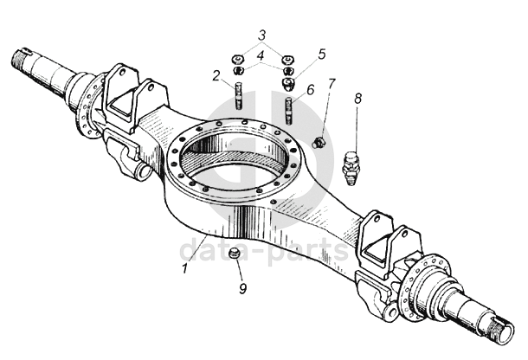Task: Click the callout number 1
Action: [184, 269]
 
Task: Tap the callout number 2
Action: [216, 76]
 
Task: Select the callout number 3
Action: [262, 35]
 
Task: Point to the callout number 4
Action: [261, 56]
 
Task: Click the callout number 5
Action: [322, 54]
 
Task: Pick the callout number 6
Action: [311, 90]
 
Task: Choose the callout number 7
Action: [332, 84]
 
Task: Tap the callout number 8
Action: [358, 99]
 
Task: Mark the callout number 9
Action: [243, 288]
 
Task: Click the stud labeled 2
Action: [238, 95]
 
